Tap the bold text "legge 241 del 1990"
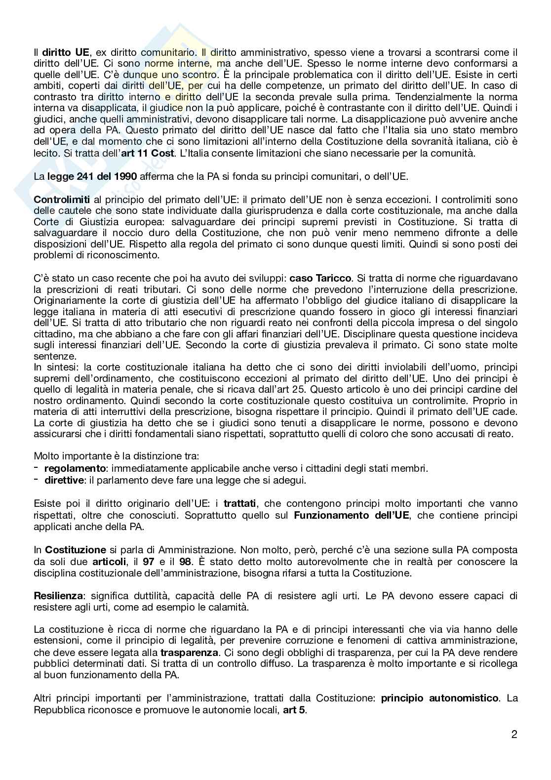click(x=85, y=176)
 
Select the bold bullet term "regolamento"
click(x=75, y=468)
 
